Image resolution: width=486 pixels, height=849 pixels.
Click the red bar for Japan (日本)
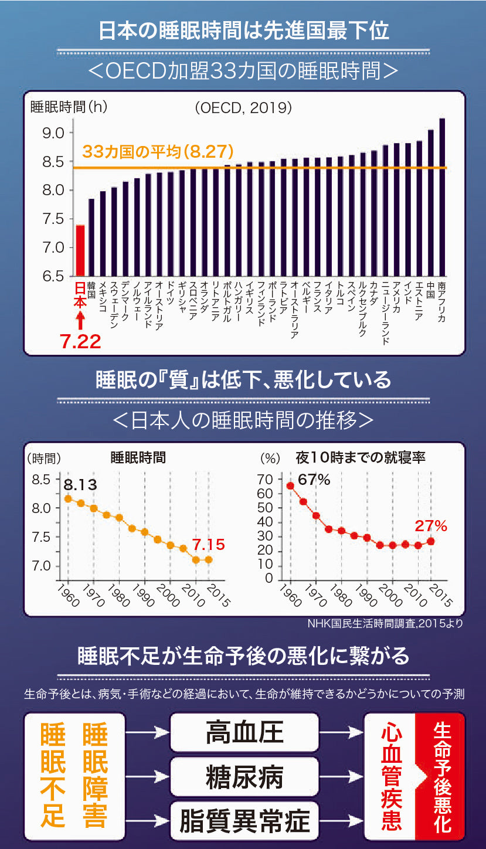point(80,250)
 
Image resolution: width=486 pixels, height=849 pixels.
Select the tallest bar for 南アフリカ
point(442,197)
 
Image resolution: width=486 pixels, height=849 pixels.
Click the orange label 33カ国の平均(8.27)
point(158,152)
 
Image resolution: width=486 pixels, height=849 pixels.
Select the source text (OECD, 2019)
point(243,108)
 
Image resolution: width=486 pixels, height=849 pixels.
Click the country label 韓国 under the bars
point(91,290)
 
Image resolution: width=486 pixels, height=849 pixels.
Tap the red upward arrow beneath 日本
point(80,320)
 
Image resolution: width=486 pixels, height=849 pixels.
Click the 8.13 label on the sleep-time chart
point(80,485)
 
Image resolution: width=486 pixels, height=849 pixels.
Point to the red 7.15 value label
point(209,545)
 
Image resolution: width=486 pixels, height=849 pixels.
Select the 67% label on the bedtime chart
point(314,480)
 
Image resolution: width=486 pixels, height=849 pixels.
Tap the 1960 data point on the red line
point(290,485)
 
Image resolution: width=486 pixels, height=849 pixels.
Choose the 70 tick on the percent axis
point(266,480)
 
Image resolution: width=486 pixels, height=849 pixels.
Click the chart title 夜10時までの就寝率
point(361,457)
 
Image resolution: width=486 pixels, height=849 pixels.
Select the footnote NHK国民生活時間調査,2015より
point(385,624)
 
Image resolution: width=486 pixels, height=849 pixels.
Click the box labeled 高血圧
point(244,732)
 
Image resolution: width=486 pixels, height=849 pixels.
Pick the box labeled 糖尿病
point(244,776)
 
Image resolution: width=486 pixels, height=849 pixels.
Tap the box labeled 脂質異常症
point(244,820)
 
